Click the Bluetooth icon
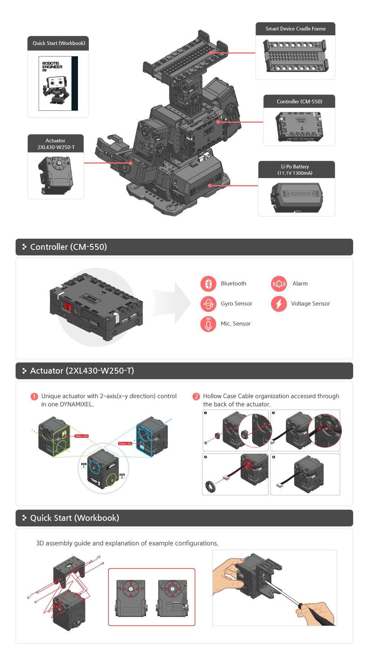[208, 284]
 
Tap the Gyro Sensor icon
[208, 304]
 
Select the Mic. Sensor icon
[208, 324]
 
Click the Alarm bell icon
[279, 284]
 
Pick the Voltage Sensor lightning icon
[279, 304]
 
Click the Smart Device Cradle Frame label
[296, 29]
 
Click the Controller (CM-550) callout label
[299, 101]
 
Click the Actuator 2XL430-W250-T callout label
[56, 144]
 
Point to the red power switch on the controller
[67, 306]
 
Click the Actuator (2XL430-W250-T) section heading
[82, 371]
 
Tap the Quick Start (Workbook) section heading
[75, 518]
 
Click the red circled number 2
[196, 396]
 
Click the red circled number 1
[34, 396]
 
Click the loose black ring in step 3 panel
[211, 486]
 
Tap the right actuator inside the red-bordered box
[172, 598]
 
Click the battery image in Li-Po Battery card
[297, 197]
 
